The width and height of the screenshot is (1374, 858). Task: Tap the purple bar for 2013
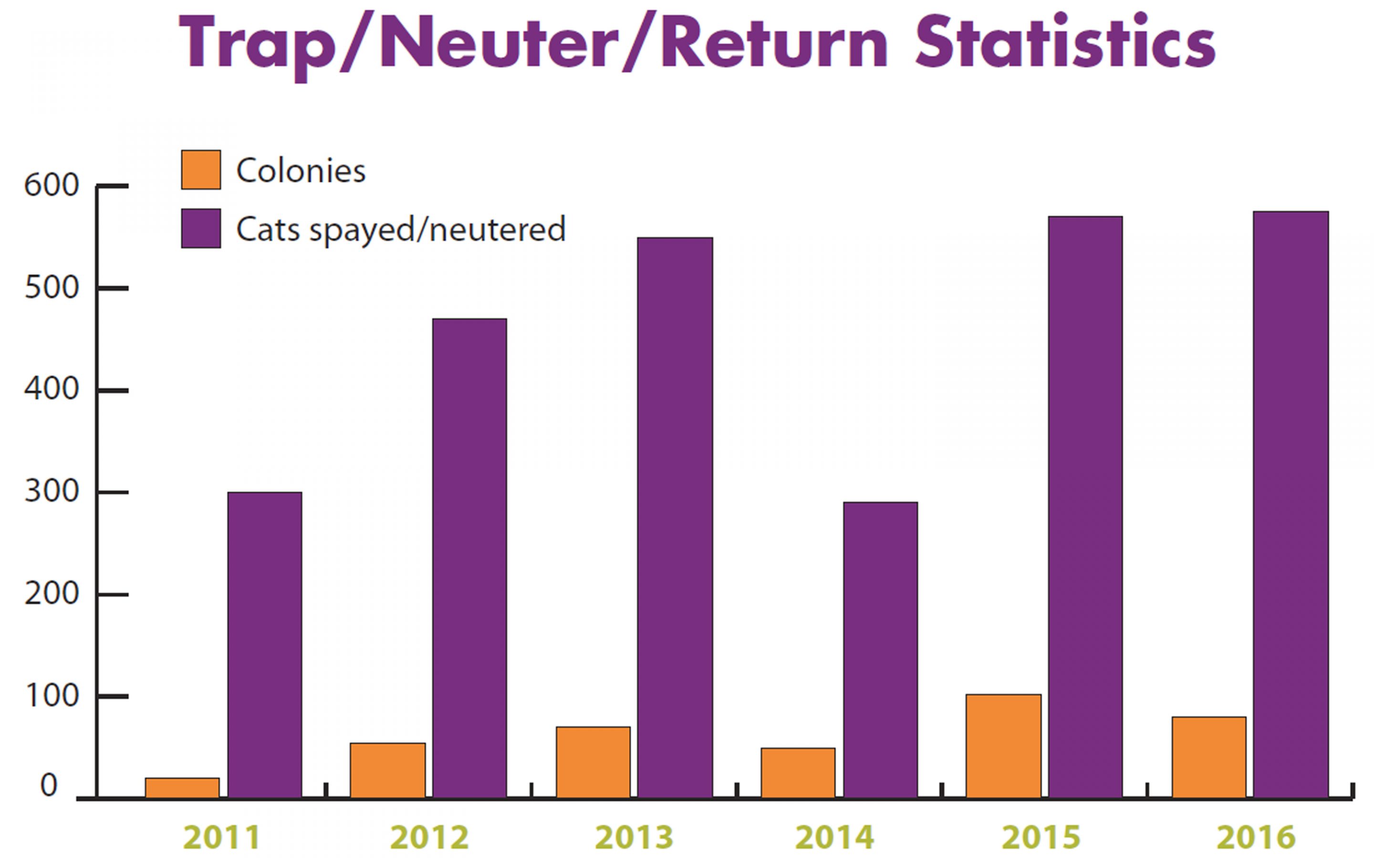pos(675,518)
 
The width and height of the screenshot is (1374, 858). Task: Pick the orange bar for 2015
pos(1003,746)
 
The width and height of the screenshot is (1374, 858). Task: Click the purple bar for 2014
pos(880,650)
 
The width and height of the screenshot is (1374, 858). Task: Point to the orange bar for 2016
pos(1209,757)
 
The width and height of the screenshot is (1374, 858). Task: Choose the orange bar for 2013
pos(593,762)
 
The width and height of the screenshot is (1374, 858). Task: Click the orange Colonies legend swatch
pos(201,170)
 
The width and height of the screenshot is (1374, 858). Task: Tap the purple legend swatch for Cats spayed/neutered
pos(201,228)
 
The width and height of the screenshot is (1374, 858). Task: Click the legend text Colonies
pos(301,170)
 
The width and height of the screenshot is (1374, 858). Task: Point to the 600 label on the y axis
pos(51,185)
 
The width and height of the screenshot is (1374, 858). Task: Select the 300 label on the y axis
pos(51,492)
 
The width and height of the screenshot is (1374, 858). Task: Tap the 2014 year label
pos(834,837)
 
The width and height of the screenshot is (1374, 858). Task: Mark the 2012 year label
pos(430,837)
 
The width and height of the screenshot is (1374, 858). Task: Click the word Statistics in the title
pos(1065,43)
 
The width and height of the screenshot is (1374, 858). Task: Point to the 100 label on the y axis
pos(51,696)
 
